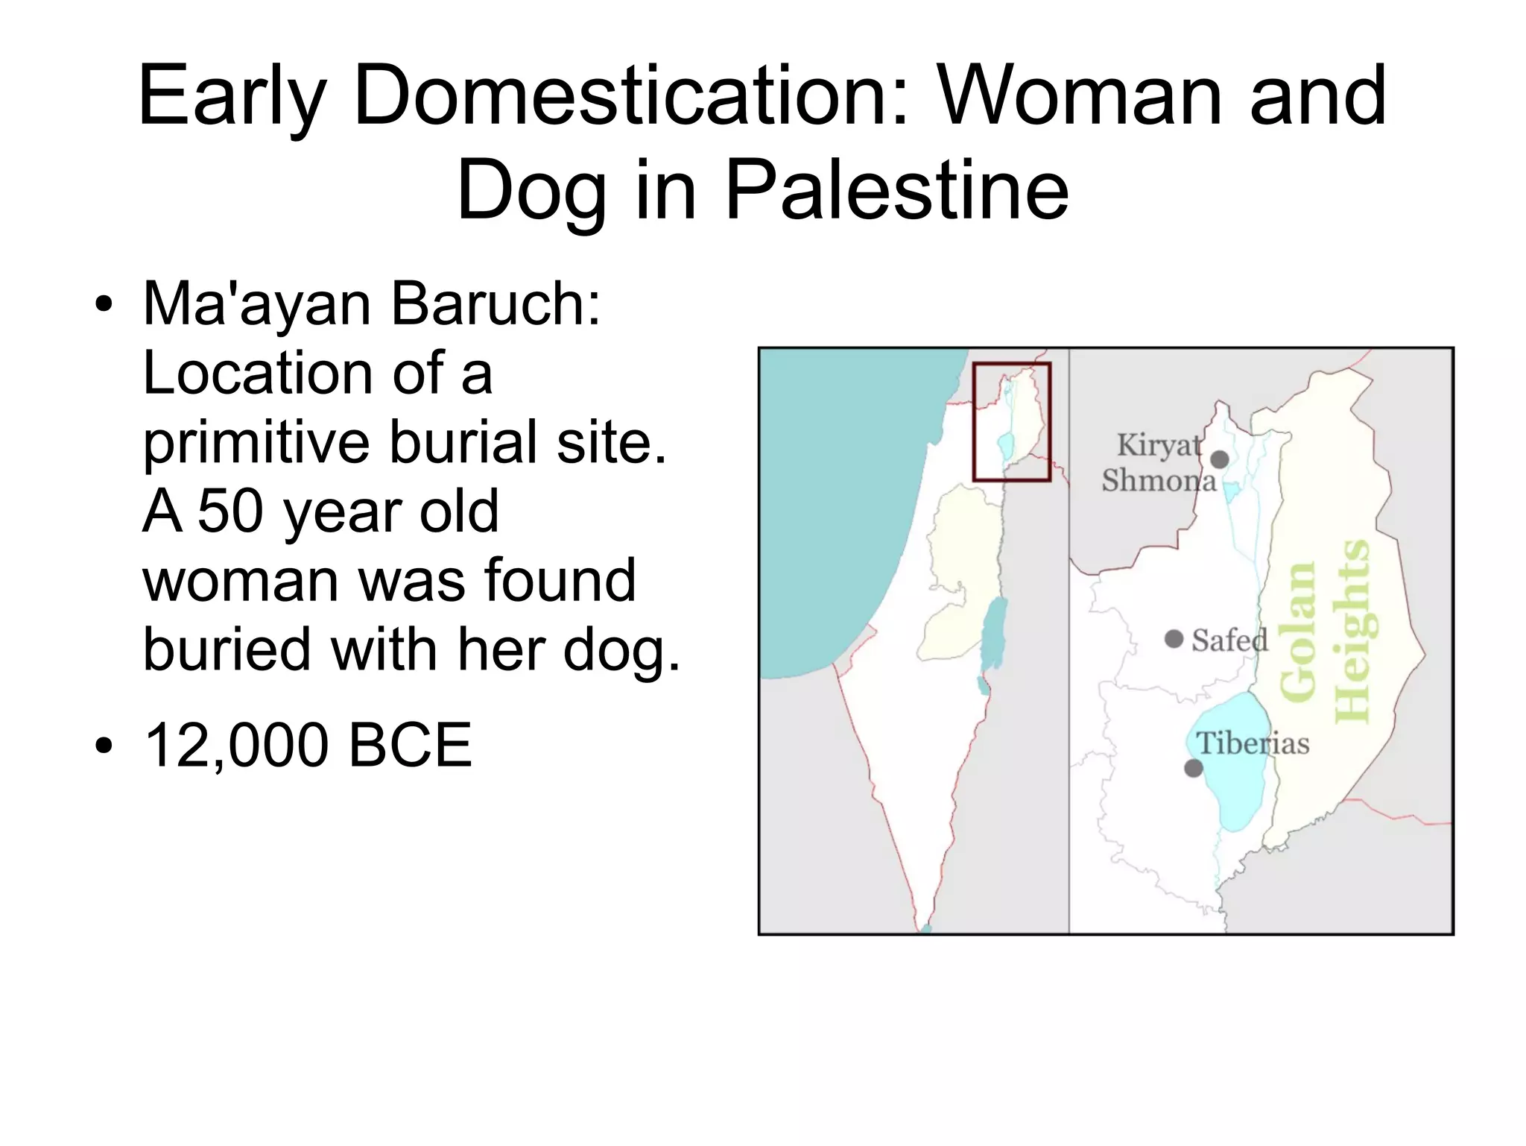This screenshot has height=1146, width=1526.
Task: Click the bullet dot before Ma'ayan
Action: pos(104,305)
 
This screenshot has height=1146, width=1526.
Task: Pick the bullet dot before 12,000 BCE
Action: pos(104,745)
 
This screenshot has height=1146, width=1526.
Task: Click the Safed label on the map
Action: pos(1229,640)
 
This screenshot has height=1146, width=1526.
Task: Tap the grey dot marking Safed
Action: pos(1174,639)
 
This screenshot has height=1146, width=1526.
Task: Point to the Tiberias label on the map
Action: pos(1253,743)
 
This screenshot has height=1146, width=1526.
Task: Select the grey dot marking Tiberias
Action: pos(1194,768)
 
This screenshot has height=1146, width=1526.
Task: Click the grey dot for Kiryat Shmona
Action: pos(1220,459)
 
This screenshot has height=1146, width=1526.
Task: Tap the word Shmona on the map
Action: pos(1159,480)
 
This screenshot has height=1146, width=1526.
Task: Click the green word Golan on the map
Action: pos(1297,632)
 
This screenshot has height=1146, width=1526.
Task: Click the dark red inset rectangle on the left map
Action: pos(1012,365)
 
